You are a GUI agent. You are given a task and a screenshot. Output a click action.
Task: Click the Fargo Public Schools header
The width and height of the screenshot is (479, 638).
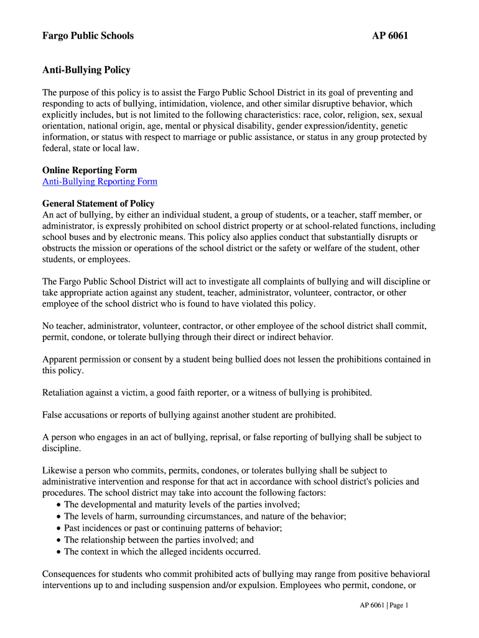point(88,36)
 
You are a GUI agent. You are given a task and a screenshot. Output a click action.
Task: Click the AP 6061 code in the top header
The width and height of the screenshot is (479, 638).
point(390,36)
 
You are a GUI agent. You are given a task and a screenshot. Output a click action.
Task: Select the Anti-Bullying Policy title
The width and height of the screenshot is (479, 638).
point(86,70)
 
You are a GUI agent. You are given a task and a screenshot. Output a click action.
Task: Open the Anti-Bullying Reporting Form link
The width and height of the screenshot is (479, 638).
point(100,181)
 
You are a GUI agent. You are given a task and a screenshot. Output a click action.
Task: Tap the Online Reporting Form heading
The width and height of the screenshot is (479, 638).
point(90,170)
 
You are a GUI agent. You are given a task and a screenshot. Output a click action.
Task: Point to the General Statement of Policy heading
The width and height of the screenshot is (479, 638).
point(98,204)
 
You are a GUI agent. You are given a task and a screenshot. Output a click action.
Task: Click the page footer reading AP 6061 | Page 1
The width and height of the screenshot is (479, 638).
point(383,605)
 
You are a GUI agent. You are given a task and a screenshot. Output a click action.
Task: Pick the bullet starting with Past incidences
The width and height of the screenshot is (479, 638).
point(173,528)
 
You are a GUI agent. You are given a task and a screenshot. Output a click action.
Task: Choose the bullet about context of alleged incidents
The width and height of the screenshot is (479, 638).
point(162,551)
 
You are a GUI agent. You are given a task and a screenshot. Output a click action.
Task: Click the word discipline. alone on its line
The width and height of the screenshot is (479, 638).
point(62,449)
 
